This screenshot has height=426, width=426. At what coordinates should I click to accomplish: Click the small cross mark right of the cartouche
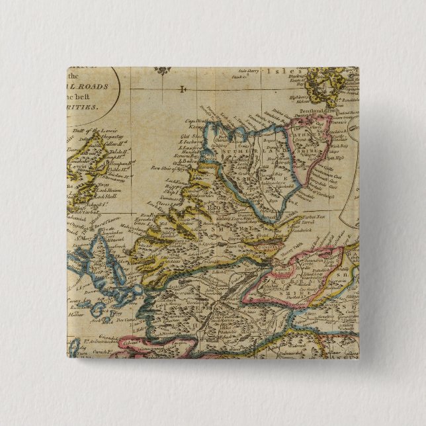click(184, 87)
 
